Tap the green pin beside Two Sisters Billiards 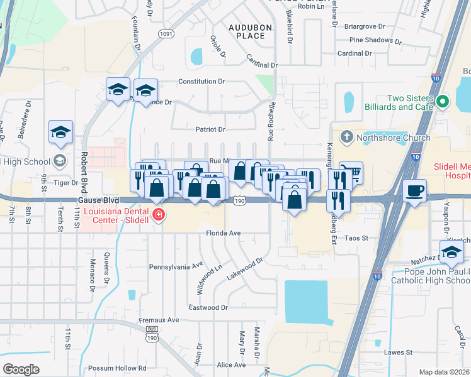(x=442, y=101)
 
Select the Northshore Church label (x=394, y=138)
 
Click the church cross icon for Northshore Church (x=346, y=136)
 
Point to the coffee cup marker (x=414, y=190)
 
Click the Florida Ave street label (x=224, y=233)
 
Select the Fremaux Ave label (x=160, y=320)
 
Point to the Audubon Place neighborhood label (x=246, y=32)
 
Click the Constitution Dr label (x=201, y=82)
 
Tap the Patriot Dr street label (x=210, y=129)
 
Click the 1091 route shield (x=166, y=33)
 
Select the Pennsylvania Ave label (x=176, y=266)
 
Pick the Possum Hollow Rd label (x=117, y=368)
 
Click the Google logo (x=21, y=369)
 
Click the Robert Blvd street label (x=84, y=167)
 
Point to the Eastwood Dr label (x=208, y=307)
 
